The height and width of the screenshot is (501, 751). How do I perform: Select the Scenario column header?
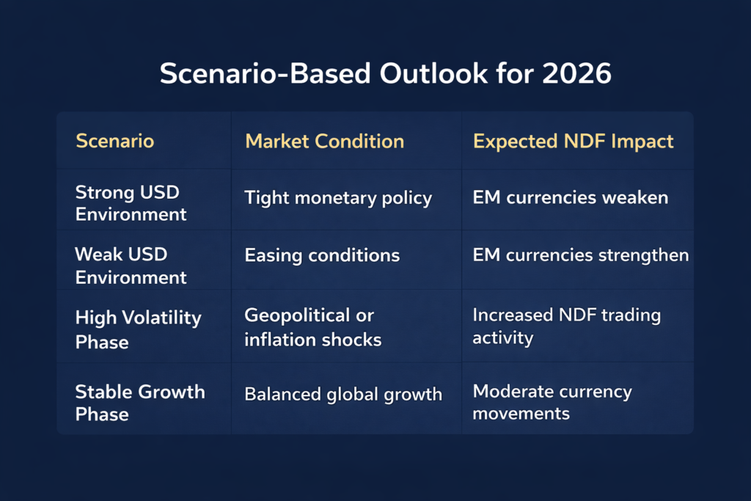[x=114, y=141]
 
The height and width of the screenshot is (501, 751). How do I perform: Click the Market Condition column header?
[x=324, y=141]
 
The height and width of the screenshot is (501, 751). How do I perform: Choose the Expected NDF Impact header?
[x=573, y=141]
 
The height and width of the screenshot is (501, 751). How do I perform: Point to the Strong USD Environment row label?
[x=131, y=203]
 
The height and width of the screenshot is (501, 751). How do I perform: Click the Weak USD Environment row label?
[x=131, y=266]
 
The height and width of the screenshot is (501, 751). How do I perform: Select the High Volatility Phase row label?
[x=138, y=329]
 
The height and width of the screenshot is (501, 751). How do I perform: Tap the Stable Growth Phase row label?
[x=139, y=402]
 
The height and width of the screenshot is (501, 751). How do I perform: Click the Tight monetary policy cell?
[x=338, y=197]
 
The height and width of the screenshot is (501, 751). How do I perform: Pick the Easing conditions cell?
[x=322, y=255]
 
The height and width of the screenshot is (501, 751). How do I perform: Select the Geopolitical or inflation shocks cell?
[x=312, y=327]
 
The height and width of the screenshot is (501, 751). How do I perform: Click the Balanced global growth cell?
[x=343, y=394]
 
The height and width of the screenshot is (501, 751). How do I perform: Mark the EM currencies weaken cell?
[x=570, y=197]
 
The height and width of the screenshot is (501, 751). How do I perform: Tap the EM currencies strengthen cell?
[x=580, y=255]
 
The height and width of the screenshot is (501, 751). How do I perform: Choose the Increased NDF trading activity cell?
[x=566, y=326]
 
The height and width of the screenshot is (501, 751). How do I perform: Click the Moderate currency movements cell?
[x=552, y=402]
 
